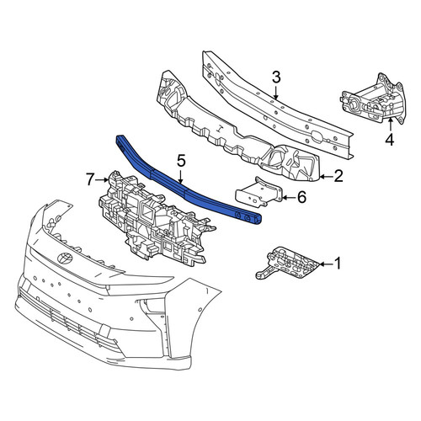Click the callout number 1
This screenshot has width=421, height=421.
tap(338, 264)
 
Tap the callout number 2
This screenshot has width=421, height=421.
tap(338, 176)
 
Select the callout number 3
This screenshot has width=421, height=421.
tap(276, 77)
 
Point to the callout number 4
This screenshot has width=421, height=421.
tap(390, 140)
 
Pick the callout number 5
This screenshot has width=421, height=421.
tap(180, 162)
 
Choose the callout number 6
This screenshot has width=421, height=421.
tap(301, 198)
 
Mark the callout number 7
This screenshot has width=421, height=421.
tap(89, 179)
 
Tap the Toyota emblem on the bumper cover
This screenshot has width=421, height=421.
tap(65, 258)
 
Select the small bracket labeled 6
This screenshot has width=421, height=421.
tap(259, 193)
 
